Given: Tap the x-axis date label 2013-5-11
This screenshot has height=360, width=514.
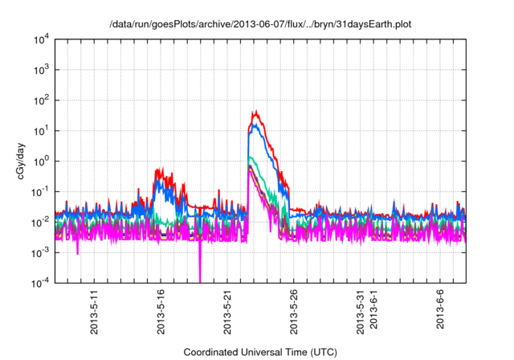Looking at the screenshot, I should click(94, 313).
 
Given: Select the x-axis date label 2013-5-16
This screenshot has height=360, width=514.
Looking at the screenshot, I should click(161, 313).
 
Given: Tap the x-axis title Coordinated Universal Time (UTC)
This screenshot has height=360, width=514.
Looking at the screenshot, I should click(260, 352).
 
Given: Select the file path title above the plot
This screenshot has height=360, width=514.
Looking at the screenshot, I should click(260, 24).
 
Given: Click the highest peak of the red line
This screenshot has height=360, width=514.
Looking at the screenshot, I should click(255, 112).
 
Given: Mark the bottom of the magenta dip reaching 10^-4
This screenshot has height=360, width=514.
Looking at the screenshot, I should click(200, 281).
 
